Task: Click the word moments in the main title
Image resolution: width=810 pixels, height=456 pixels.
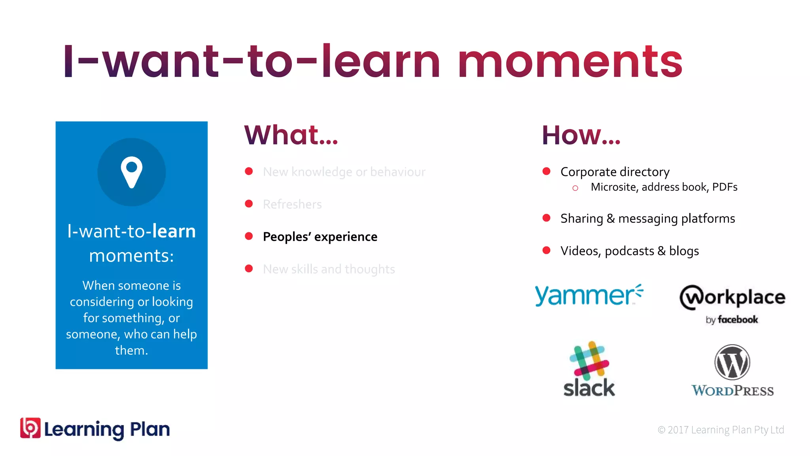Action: [570, 62]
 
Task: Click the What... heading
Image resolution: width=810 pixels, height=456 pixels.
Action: [291, 135]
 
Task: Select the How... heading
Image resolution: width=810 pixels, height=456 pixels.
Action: [581, 135]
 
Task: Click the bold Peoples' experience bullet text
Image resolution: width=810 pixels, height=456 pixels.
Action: [320, 237]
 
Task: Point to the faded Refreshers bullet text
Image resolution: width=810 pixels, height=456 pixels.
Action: [292, 204]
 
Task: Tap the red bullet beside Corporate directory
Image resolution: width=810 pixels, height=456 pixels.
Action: [546, 171]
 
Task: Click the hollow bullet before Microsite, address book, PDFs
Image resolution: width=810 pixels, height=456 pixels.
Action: [575, 188]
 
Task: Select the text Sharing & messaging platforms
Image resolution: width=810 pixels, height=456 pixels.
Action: [647, 218]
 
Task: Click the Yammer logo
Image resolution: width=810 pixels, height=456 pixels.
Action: [589, 295]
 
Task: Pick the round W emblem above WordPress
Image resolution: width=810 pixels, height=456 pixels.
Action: [732, 362]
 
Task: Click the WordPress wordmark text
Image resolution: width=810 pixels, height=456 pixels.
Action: [732, 391]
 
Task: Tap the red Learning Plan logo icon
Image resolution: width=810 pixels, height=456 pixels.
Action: [30, 428]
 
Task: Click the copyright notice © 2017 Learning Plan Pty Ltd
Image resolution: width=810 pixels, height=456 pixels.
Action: [720, 430]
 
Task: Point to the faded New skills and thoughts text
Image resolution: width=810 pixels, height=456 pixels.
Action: [329, 269]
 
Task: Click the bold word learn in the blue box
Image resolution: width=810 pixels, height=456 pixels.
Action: [174, 231]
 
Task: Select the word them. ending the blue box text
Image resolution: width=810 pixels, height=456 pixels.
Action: [131, 350]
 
